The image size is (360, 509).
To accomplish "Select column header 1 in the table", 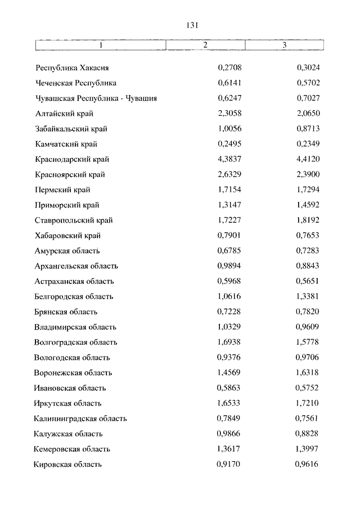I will (x=101, y=45).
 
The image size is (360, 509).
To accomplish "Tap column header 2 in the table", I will (x=205, y=45).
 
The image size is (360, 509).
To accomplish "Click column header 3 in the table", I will (x=285, y=45).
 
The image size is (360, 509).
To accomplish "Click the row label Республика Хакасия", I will (x=71, y=68).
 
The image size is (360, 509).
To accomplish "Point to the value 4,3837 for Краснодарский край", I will (x=229, y=160).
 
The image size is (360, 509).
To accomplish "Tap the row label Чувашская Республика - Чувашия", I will (x=95, y=98).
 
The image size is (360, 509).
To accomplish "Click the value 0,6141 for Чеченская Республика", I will (x=229, y=83).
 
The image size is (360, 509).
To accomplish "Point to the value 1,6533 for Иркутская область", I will (x=229, y=403).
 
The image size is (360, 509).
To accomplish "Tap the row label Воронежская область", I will (x=73, y=373).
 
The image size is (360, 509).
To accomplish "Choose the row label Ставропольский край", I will (x=73, y=220).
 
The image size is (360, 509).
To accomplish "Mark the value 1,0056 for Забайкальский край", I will (x=229, y=129).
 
